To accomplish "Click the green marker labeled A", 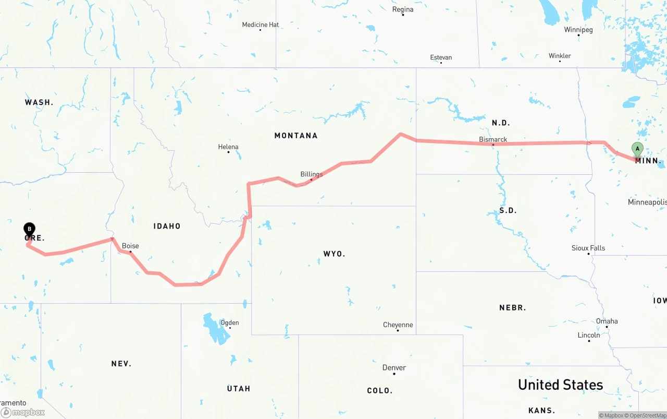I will [637, 149].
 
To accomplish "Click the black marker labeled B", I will [30, 229].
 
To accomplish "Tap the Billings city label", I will [312, 174].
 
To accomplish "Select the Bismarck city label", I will [493, 139].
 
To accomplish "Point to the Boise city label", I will [130, 246].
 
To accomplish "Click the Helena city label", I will [228, 147].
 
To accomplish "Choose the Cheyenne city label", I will [398, 325].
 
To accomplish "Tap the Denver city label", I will [394, 367].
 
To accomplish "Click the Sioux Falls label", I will [588, 248].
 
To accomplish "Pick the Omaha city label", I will [607, 321].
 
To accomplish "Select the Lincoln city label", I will [589, 335].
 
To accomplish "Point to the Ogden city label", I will [230, 322].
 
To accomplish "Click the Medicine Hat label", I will [261, 25].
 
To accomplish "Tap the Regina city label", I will [403, 9].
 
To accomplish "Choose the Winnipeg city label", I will [578, 30].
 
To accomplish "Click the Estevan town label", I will [441, 57].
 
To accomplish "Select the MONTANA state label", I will [296, 136].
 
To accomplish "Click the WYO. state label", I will [334, 254].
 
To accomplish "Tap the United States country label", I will [560, 385].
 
